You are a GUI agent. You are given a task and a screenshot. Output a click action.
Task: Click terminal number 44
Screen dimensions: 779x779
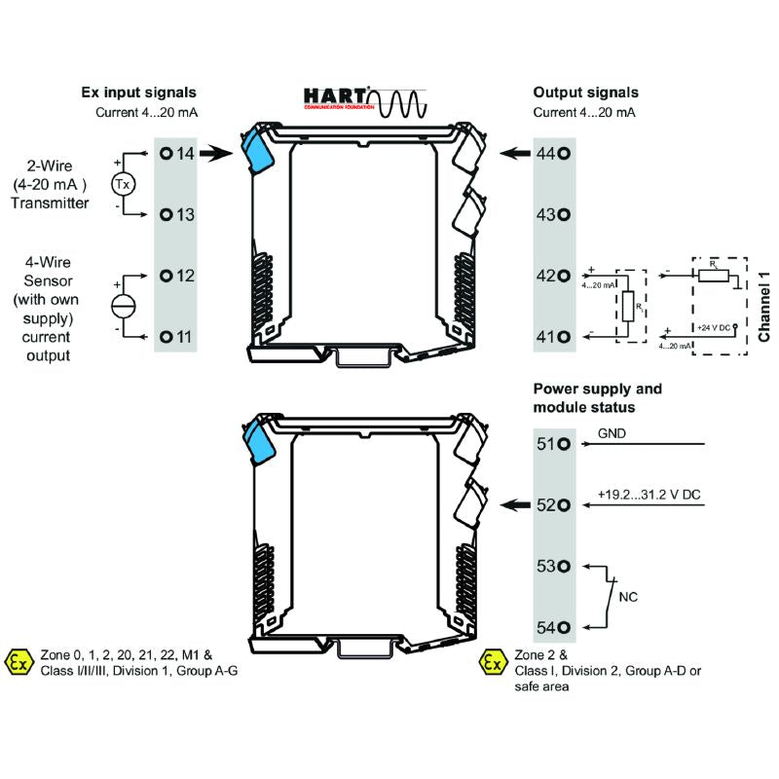click(x=551, y=154)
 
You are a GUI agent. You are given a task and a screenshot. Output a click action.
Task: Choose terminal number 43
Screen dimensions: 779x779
click(x=551, y=215)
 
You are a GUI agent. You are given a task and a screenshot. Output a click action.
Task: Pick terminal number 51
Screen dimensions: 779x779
click(x=551, y=444)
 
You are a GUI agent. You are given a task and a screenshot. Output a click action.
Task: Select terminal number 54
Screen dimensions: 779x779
click(x=551, y=627)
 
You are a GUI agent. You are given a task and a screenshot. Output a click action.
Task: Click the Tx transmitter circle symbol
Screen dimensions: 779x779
click(x=122, y=184)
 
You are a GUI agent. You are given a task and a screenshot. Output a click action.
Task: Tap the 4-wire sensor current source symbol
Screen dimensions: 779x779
click(x=124, y=305)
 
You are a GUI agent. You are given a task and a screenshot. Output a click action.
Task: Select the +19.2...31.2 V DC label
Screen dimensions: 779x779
click(x=649, y=495)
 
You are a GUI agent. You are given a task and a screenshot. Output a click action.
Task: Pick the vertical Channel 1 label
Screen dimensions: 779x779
click(x=764, y=306)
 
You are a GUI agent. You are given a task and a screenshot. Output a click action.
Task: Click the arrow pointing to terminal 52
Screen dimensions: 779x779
click(x=513, y=504)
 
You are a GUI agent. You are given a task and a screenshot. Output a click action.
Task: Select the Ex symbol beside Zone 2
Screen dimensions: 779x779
click(x=494, y=663)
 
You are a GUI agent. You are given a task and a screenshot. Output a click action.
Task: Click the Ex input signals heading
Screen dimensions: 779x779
click(x=138, y=93)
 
